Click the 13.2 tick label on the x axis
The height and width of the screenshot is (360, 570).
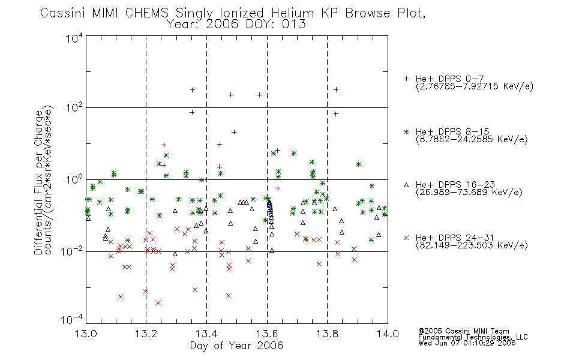pyautogui.click(x=146, y=334)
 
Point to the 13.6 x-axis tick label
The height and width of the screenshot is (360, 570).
pyautogui.click(x=267, y=334)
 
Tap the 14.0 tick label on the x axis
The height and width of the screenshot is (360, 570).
pyautogui.click(x=388, y=334)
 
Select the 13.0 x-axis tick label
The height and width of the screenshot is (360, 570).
pyautogui.click(x=86, y=334)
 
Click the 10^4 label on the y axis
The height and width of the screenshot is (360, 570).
pyautogui.click(x=74, y=38)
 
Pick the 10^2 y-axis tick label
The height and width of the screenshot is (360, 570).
pyautogui.click(x=74, y=108)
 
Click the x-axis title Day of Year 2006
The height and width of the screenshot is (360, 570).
pyautogui.click(x=236, y=346)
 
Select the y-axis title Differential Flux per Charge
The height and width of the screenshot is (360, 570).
pyautogui.click(x=38, y=182)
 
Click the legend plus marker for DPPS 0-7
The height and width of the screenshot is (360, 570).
pyautogui.click(x=406, y=79)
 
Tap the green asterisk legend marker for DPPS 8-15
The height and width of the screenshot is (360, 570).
pyautogui.click(x=406, y=132)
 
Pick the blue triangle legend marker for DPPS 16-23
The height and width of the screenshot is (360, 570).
pyautogui.click(x=406, y=185)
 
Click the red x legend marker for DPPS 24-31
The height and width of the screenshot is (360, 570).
pyautogui.click(x=406, y=238)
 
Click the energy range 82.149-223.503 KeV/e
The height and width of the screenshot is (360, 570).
pyautogui.click(x=472, y=245)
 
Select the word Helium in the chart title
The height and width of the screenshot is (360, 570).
pyautogui.click(x=292, y=13)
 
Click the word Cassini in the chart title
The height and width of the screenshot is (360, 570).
pyautogui.click(x=62, y=13)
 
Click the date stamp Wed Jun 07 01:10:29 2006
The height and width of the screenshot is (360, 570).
pyautogui.click(x=467, y=343)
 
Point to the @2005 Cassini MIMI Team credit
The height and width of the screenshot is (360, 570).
pyautogui.click(x=463, y=331)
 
